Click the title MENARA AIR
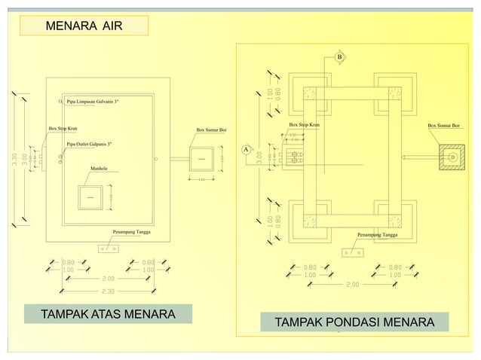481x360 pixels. tap(83, 27)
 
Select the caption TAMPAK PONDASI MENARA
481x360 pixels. tap(354, 322)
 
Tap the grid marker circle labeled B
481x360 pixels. tap(339, 57)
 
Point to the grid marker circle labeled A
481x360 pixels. tap(246, 149)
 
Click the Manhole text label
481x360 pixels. tap(100, 169)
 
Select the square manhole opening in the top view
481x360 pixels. tap(90, 197)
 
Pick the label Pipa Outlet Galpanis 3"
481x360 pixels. tap(90, 143)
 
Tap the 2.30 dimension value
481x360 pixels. tap(109, 290)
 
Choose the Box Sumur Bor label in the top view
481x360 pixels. tap(210, 130)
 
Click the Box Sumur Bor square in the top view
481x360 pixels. tap(201, 159)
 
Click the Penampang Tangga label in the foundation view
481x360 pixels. tap(378, 236)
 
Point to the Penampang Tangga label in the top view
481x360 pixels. tap(132, 231)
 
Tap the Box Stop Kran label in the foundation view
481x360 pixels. tap(304, 124)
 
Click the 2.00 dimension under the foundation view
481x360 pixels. tap(352, 285)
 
